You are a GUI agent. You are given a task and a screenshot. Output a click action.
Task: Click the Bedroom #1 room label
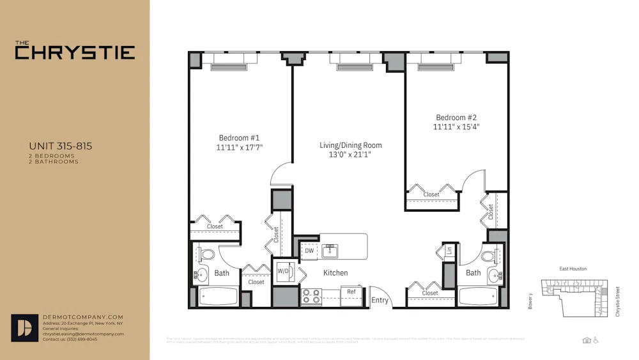(239, 137)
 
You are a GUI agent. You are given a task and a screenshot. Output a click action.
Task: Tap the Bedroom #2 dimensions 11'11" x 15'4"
(456, 127)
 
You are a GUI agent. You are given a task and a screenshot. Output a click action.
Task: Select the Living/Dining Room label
(350, 145)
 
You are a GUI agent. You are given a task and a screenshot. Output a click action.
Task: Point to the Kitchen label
(335, 273)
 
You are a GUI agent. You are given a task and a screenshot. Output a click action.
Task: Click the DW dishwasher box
(309, 251)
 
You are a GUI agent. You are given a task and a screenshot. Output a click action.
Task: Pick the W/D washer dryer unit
(283, 271)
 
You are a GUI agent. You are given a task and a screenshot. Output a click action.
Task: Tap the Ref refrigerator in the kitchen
(351, 292)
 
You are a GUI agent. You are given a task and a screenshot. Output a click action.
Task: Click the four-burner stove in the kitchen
(311, 297)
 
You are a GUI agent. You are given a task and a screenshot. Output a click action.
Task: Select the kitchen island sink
(330, 251)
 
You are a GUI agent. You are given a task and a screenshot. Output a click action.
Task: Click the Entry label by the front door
(380, 301)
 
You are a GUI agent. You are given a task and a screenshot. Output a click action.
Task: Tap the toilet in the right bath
(488, 256)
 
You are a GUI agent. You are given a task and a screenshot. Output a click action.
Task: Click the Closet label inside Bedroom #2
(431, 194)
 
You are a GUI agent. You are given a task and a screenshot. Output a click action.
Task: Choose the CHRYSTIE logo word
(75, 52)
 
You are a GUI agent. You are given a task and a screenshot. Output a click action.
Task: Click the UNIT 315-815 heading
(60, 146)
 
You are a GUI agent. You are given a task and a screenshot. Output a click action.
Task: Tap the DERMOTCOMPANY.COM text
(82, 317)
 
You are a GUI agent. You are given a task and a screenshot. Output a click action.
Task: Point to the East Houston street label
(573, 269)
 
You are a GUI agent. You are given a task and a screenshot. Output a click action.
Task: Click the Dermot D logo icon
(25, 328)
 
